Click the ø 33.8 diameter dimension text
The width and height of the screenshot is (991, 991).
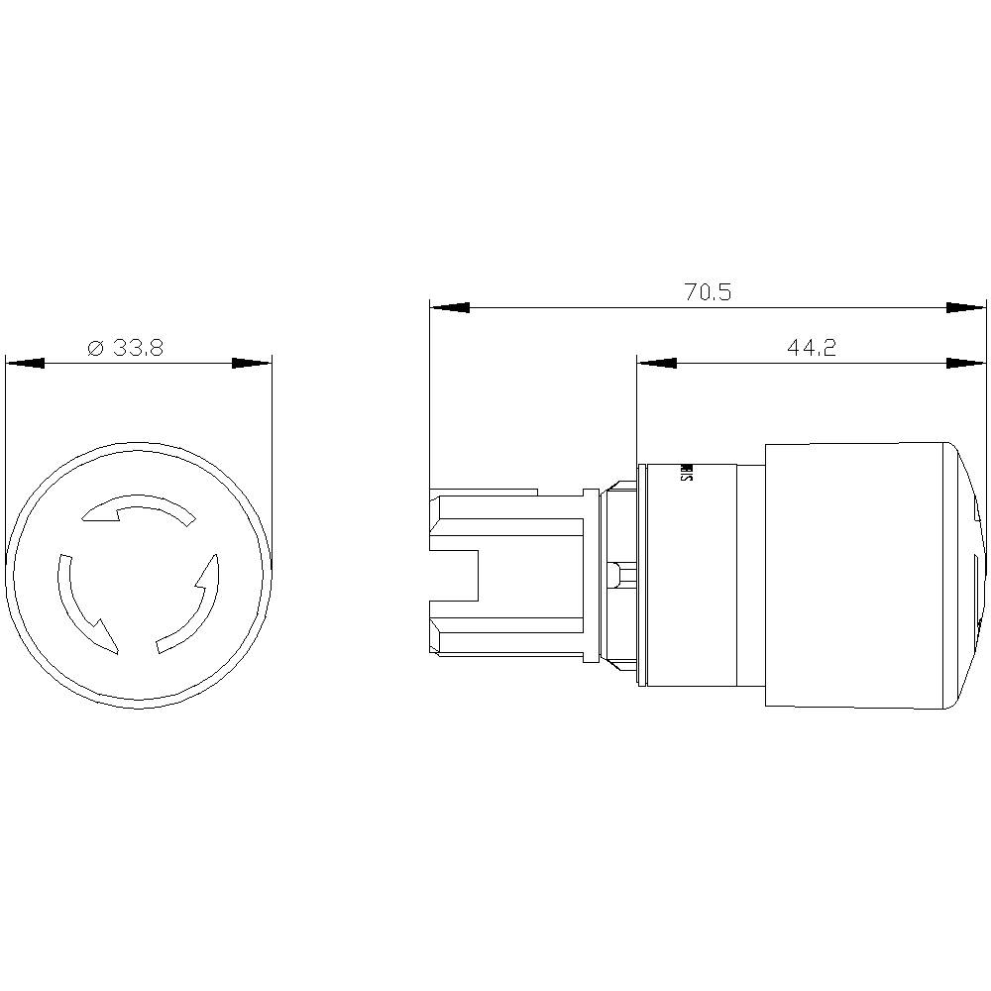125,348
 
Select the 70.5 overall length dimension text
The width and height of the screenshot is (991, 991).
708,292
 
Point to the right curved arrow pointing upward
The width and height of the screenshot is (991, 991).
192,605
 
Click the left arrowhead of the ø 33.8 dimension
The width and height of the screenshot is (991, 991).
26,364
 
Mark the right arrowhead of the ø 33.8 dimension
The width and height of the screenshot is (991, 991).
252,364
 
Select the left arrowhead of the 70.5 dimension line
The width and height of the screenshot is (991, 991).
449,308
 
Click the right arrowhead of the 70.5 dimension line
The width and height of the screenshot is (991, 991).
966,308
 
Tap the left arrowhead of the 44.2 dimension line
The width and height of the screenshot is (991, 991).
657,364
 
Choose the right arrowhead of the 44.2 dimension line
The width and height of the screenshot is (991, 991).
966,364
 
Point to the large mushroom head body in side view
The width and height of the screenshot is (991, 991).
852,575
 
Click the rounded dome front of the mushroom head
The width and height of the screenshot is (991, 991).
966,575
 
